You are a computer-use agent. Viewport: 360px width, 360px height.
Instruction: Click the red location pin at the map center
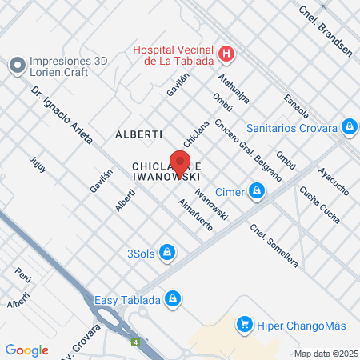click(x=180, y=158)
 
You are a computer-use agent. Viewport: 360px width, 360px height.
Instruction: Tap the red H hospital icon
click(x=227, y=54)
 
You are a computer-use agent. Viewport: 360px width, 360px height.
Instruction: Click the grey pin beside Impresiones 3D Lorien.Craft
click(x=17, y=64)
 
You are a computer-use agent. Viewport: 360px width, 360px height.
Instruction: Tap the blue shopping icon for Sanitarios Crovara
click(x=349, y=126)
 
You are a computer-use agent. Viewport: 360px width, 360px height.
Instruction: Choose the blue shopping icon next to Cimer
click(x=257, y=190)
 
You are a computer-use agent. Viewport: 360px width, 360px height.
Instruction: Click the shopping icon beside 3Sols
click(x=166, y=254)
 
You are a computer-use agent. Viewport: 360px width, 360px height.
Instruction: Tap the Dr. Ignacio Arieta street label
click(x=65, y=112)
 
